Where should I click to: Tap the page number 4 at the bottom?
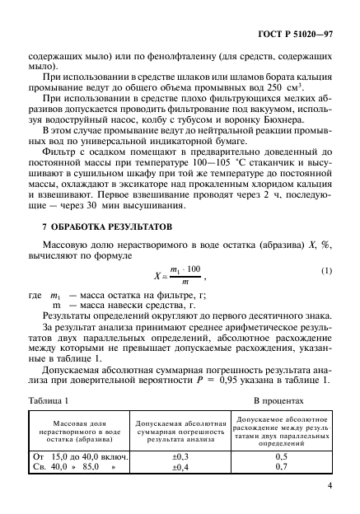(x=329, y=485)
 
